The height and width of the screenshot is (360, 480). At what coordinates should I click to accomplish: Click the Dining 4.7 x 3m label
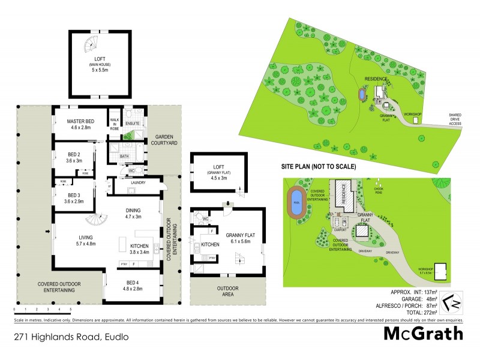click(133, 213)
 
